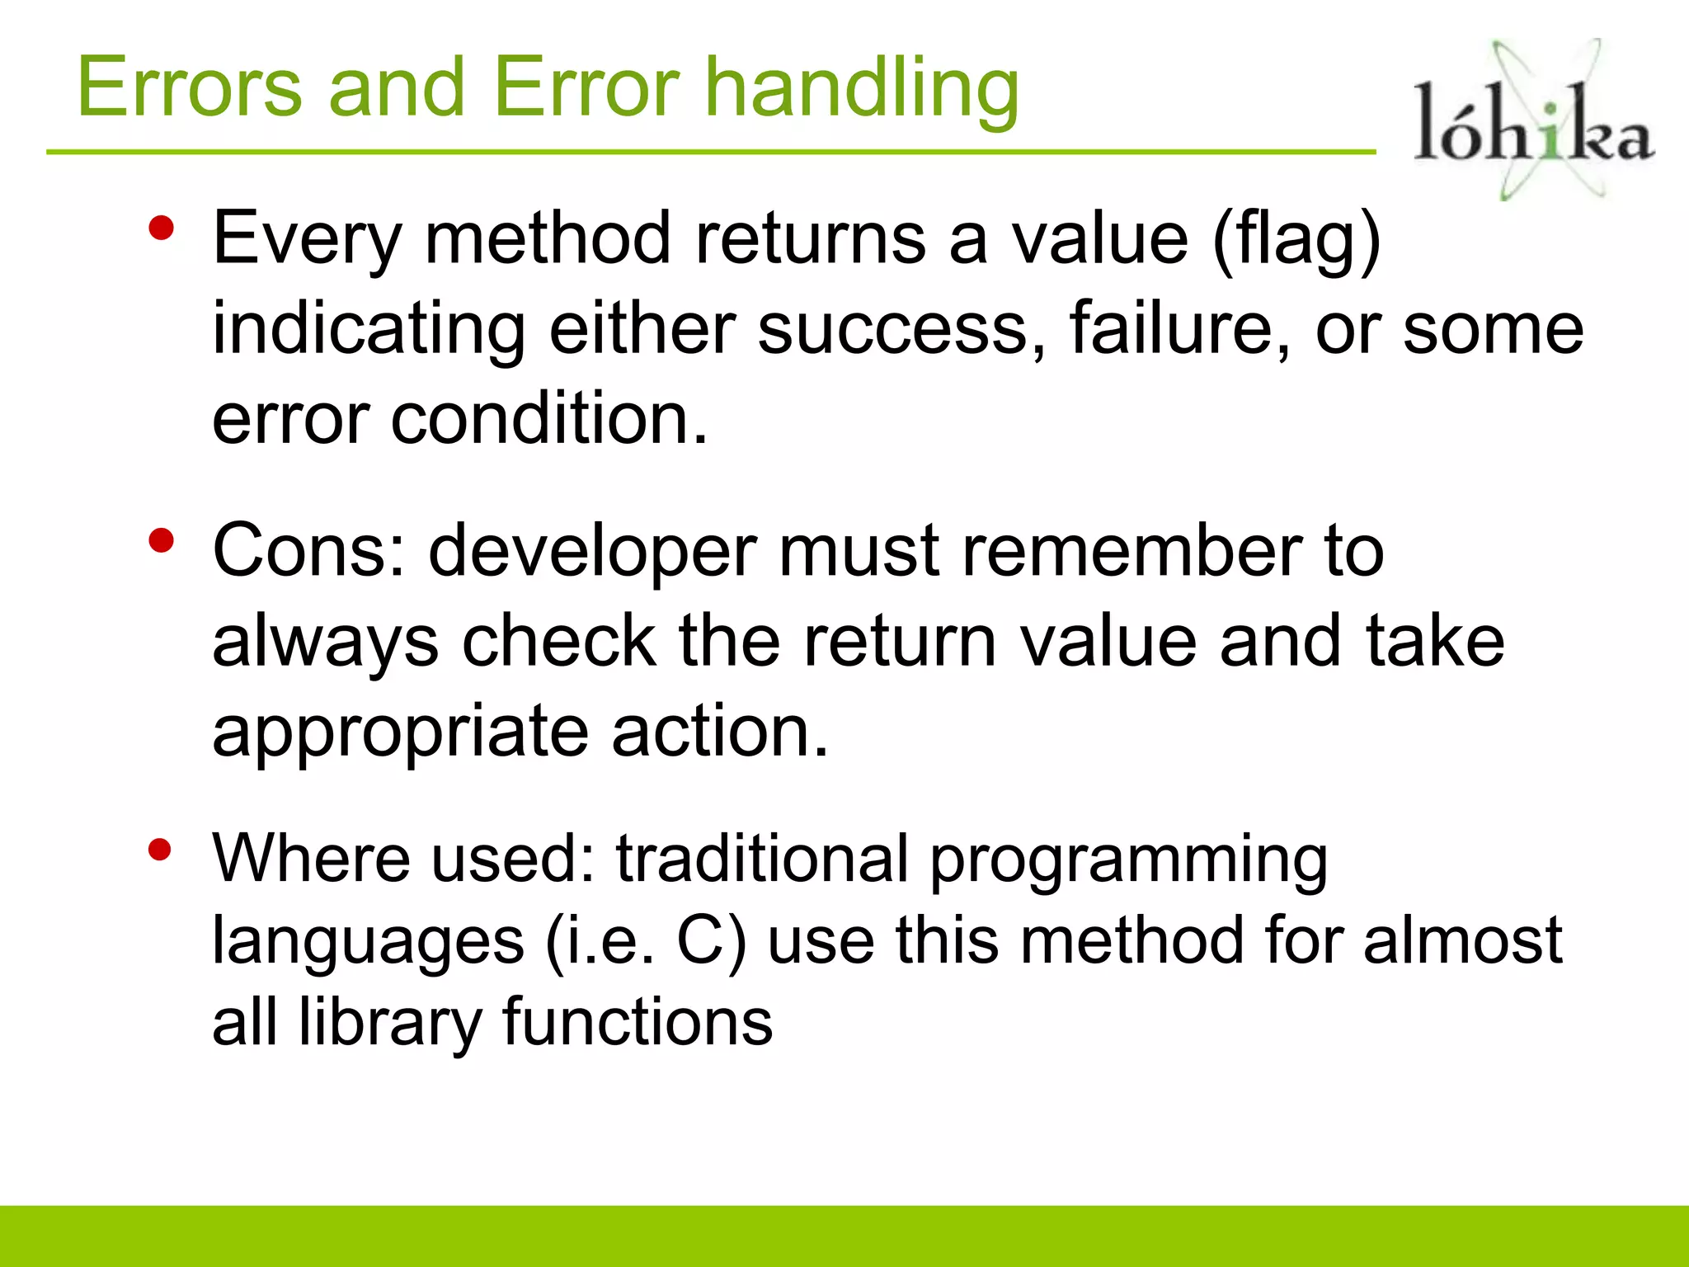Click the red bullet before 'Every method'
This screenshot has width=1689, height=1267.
[162, 228]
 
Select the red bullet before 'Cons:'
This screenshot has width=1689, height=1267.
[162, 541]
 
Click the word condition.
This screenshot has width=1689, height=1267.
[548, 419]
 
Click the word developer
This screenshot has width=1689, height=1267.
[592, 553]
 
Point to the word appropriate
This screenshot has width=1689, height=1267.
[400, 732]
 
